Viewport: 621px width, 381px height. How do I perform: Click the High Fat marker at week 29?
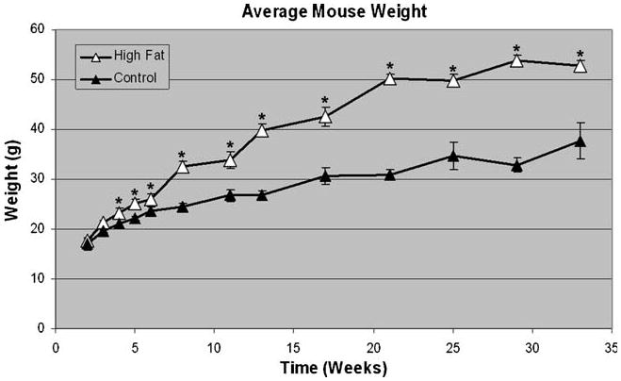click(516, 60)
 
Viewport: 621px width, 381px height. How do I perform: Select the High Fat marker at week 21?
click(389, 78)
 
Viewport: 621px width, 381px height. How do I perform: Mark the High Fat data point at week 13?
click(262, 130)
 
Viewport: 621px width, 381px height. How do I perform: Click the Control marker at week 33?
click(580, 141)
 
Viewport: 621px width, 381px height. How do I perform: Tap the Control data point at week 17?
click(325, 175)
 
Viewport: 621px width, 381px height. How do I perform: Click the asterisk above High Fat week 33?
click(580, 55)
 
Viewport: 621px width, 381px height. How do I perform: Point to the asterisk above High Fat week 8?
click(182, 156)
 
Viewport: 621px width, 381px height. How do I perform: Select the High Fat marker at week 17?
click(325, 116)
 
